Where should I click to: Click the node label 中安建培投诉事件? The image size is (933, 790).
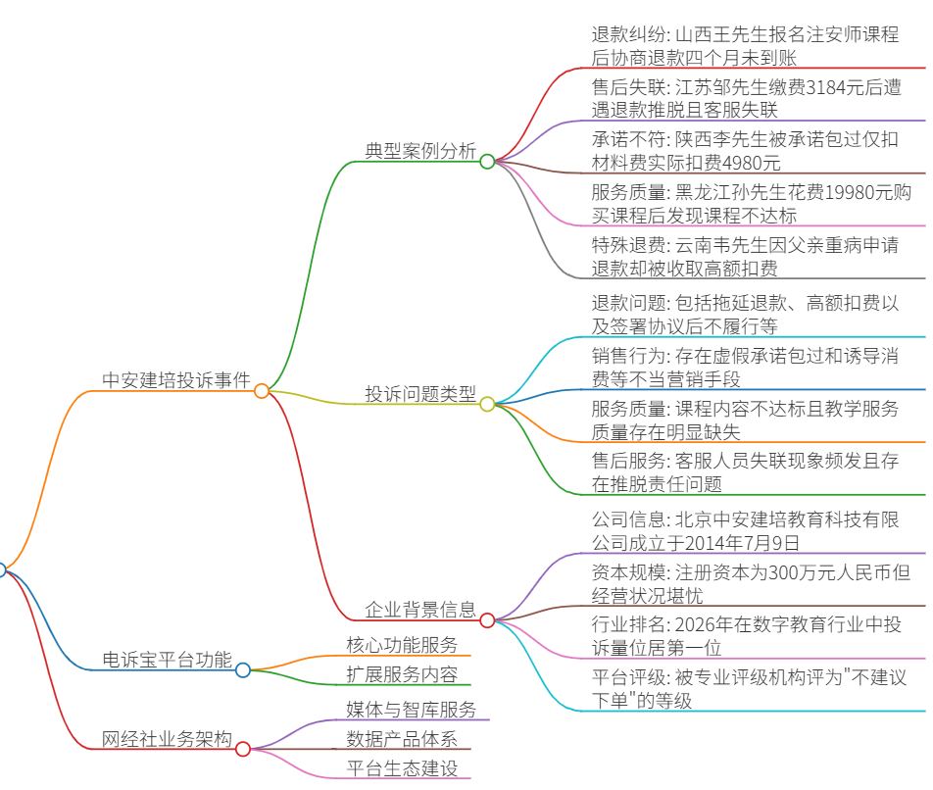[x=176, y=380]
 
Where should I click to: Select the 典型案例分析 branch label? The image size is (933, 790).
[x=420, y=151]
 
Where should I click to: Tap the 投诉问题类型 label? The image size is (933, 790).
[x=420, y=393]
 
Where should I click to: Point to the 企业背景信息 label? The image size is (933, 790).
[x=420, y=609]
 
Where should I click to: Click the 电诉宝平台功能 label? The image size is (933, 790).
[x=168, y=659]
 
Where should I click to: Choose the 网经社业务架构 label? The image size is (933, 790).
[x=168, y=738]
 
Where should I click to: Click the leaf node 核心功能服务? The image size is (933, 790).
[x=402, y=644]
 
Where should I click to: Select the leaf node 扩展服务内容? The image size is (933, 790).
[x=402, y=674]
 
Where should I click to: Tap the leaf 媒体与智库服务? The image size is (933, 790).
[x=412, y=709]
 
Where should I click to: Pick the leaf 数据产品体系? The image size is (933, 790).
[x=402, y=738]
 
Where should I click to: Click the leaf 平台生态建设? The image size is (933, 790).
[x=402, y=768]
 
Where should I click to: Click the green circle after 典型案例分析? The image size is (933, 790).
[x=487, y=161]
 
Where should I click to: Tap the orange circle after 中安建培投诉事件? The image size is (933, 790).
[x=262, y=391]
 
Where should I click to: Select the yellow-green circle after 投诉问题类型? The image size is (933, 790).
[x=487, y=405]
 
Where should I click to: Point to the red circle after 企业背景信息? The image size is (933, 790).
[x=487, y=620]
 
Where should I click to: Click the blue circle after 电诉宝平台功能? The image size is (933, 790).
[x=243, y=670]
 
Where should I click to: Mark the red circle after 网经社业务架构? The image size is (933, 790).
[x=243, y=749]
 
